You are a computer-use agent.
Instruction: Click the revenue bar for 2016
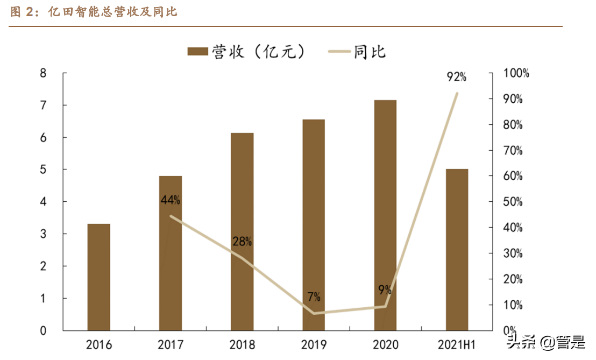click(98, 277)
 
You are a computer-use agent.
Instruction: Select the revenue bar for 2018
click(242, 231)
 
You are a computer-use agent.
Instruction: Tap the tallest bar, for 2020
click(385, 215)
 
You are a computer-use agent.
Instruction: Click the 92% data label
click(456, 77)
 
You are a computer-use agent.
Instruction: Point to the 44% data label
click(171, 200)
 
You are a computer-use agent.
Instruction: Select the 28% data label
click(242, 241)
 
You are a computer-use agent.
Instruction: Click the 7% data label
click(314, 297)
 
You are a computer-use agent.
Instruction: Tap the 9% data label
click(385, 290)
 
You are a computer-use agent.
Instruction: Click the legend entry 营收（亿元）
click(247, 52)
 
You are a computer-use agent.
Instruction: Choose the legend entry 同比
click(358, 52)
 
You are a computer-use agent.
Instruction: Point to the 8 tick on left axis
click(44, 73)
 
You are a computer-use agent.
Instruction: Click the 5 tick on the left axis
click(44, 170)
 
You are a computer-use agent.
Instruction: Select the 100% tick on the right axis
click(515, 73)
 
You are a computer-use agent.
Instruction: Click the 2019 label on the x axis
click(314, 344)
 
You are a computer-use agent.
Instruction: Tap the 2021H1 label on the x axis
click(457, 344)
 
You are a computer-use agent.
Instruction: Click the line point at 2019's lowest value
click(314, 313)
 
